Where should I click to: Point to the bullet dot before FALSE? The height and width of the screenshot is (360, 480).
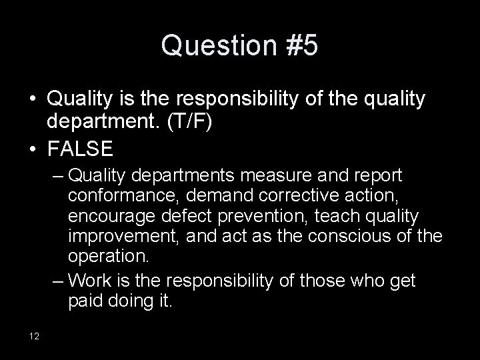[x=32, y=148]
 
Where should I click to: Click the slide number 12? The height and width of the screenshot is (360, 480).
[x=34, y=335]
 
